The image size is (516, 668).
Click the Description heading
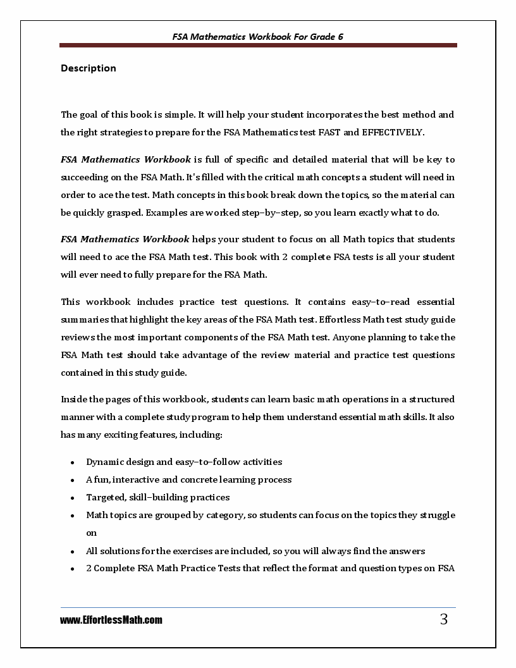coord(88,68)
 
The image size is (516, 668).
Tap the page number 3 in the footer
coord(443,620)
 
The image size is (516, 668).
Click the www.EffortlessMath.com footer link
coord(111,621)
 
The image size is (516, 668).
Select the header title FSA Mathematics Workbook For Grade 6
coord(258,37)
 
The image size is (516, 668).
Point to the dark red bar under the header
coord(258,46)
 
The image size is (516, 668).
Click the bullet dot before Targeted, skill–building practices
coord(73,498)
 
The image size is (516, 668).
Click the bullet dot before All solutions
coord(73,552)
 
